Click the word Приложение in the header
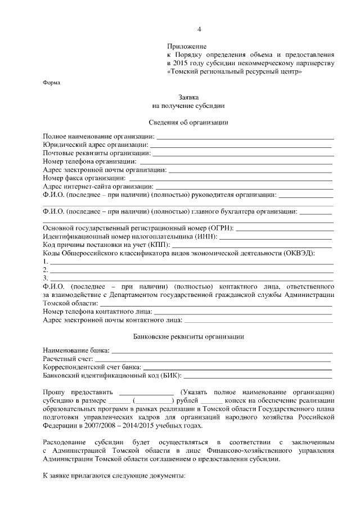pos(187,46)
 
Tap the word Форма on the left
pos(52,82)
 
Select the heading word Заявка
pos(188,97)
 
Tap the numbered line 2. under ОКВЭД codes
pos(191,271)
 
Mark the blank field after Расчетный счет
pos(213,360)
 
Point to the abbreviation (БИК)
pos(170,375)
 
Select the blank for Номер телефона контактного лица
pos(242,312)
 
